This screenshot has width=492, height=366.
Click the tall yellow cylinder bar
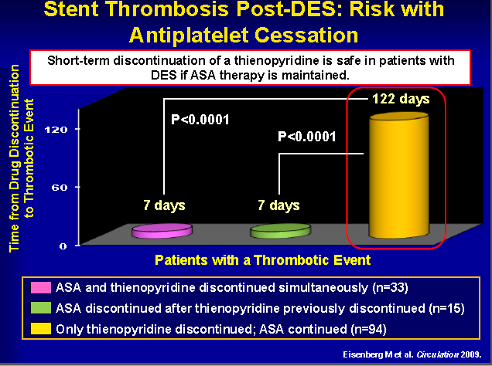(x=399, y=175)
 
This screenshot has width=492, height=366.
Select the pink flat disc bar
(x=162, y=231)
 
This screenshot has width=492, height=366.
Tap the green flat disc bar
(x=280, y=231)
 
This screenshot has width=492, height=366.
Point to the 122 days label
(x=401, y=99)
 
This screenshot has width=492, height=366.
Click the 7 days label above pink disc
(x=164, y=205)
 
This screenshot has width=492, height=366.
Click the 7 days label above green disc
(x=278, y=205)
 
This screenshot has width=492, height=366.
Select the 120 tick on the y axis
(x=56, y=129)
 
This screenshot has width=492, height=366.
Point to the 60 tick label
(x=60, y=187)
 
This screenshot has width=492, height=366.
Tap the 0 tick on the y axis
(x=63, y=246)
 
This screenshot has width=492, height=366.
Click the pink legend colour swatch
(x=41, y=287)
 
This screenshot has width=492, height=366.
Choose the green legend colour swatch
(x=41, y=308)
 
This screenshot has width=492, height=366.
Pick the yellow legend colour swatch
(x=41, y=329)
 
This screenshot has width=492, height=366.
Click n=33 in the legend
(x=390, y=287)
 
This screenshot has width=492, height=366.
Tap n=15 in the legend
(x=447, y=308)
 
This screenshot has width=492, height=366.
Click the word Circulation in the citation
(x=437, y=354)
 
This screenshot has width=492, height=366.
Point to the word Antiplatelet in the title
(x=190, y=35)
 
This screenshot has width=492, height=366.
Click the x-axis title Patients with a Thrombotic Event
(x=262, y=260)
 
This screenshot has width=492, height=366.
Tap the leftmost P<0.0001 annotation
(x=200, y=120)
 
